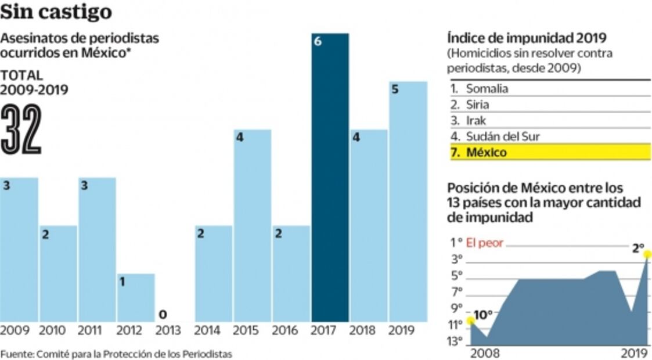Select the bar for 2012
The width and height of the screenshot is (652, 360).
point(136,297)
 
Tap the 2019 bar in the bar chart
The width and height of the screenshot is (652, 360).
point(408,203)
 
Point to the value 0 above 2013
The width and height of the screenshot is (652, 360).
point(163,315)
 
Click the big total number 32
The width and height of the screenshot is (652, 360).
point(21,130)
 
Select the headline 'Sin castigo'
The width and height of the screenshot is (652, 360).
point(56,12)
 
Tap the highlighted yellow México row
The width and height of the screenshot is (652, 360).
point(549,153)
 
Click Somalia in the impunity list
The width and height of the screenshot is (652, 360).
point(487,89)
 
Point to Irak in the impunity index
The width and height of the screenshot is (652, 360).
point(476,121)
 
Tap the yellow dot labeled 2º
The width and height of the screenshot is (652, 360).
point(647,254)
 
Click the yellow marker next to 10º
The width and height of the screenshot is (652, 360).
point(470,321)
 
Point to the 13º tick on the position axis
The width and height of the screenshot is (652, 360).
point(455,341)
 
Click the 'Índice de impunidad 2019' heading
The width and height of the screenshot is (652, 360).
point(527,38)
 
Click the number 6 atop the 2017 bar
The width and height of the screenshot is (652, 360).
point(317,42)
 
